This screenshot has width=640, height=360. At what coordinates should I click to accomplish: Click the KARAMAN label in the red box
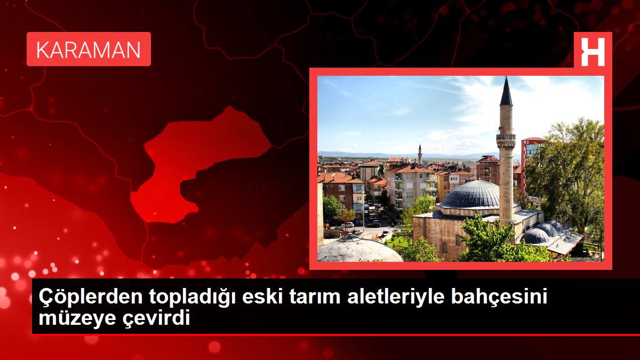coord(89,50)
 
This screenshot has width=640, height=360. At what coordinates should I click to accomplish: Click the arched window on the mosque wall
coord(445,247)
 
